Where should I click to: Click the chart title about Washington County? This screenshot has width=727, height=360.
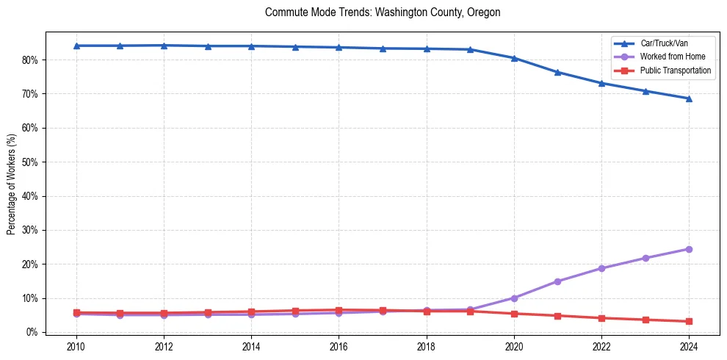383,12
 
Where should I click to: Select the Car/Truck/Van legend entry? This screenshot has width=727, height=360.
664,43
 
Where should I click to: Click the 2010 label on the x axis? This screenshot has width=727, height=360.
76,347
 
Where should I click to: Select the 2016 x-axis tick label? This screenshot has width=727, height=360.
339,347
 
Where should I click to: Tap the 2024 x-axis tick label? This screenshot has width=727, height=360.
689,347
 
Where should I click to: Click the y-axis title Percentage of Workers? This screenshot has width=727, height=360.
12,184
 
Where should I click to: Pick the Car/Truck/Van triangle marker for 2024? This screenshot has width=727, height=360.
689,98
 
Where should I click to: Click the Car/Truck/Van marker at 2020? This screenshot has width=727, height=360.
514,58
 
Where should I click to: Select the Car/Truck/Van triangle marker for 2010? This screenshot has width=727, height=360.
76,46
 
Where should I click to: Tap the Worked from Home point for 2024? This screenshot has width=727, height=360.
689,249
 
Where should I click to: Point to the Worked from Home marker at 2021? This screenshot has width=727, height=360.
557,281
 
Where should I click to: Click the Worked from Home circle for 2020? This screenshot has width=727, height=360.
514,298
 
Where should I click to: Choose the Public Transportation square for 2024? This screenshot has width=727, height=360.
689,321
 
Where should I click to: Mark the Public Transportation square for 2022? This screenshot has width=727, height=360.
601,318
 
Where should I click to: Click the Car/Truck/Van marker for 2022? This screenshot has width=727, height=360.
601,83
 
